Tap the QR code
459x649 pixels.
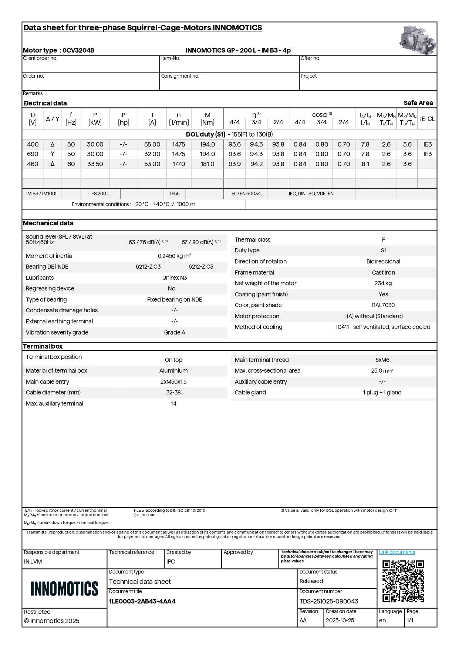coord(403,581)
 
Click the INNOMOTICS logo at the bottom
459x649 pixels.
coord(64,588)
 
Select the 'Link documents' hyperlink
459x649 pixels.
coord(397,552)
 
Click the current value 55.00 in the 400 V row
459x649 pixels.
coord(152,144)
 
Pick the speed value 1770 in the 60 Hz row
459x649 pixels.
coord(179,164)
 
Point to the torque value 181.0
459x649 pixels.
coord(207,164)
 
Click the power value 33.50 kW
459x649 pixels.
coord(95,164)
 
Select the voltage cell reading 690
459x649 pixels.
coord(33,154)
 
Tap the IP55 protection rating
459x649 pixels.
coord(175,194)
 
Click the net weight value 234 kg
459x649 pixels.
coord(383,283)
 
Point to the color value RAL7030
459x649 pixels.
coord(383,305)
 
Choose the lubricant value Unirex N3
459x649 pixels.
coord(175,278)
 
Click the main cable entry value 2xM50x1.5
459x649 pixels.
coord(173,381)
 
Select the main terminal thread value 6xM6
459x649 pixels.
coord(382,360)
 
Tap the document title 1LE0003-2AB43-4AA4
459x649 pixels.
coord(142,601)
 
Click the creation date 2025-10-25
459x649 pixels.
coord(340,621)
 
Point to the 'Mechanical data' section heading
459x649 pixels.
coord(48,223)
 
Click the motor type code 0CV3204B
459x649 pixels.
coord(78,50)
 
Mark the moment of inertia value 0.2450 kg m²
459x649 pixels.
coord(175,256)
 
